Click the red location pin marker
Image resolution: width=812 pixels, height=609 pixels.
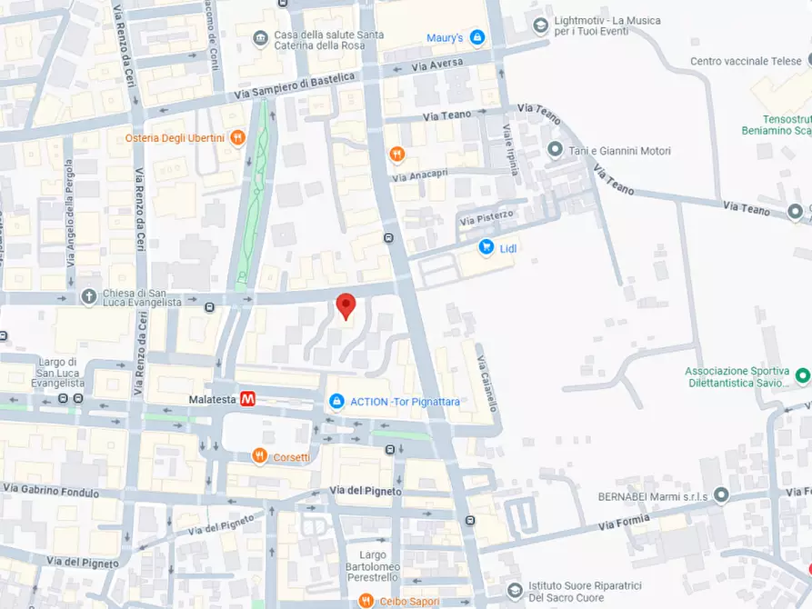coord(346,305)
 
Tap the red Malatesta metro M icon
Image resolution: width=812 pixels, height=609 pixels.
coord(247,399)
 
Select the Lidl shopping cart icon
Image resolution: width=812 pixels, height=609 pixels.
coord(486,247)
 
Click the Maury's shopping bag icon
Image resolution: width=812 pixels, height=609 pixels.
coord(476,37)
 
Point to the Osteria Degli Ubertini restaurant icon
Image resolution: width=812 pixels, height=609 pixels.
coord(237,137)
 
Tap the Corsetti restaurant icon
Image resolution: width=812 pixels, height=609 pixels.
coord(259,456)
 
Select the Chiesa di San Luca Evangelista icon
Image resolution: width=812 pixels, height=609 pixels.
coord(88,295)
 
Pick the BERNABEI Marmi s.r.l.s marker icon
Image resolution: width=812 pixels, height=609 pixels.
coord(721,495)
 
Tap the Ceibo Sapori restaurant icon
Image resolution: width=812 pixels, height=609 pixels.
coord(365,601)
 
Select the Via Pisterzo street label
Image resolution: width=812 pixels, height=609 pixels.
coord(486,217)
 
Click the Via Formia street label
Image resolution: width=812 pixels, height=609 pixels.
coord(624,522)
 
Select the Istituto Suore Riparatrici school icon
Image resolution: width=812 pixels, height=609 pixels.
coord(515,591)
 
